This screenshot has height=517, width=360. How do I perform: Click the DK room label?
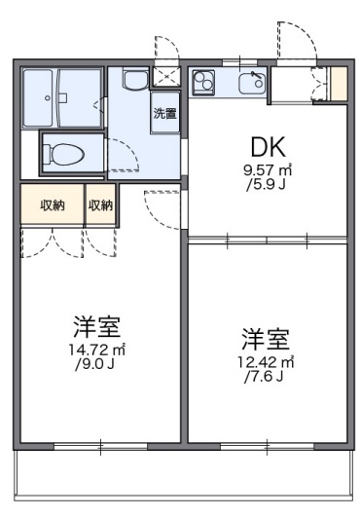tap(267, 147)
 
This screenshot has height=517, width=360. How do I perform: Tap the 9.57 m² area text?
tap(268, 169)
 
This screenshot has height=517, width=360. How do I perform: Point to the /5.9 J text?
tap(267, 183)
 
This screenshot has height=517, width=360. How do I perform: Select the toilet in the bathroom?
tap(69, 153)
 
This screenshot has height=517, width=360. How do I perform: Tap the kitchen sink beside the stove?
tap(252, 84)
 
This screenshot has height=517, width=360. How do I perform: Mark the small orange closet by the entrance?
tap(338, 84)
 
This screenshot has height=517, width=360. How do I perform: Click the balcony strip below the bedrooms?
tap(180, 476)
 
